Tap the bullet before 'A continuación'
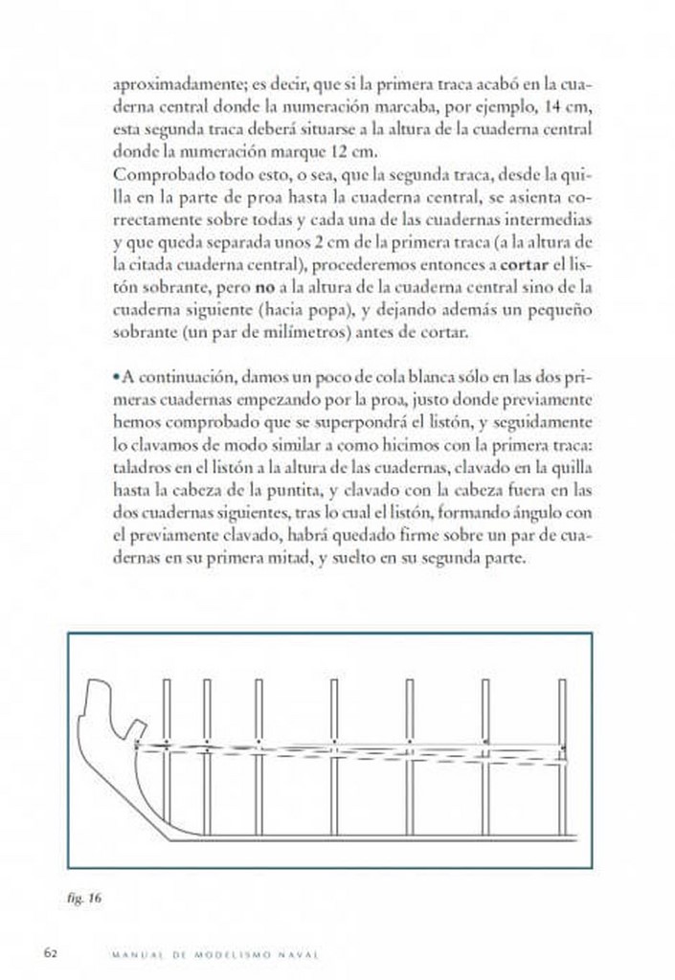pos(116,378)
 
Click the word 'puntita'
pos(293,491)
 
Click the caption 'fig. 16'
pos(86,898)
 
